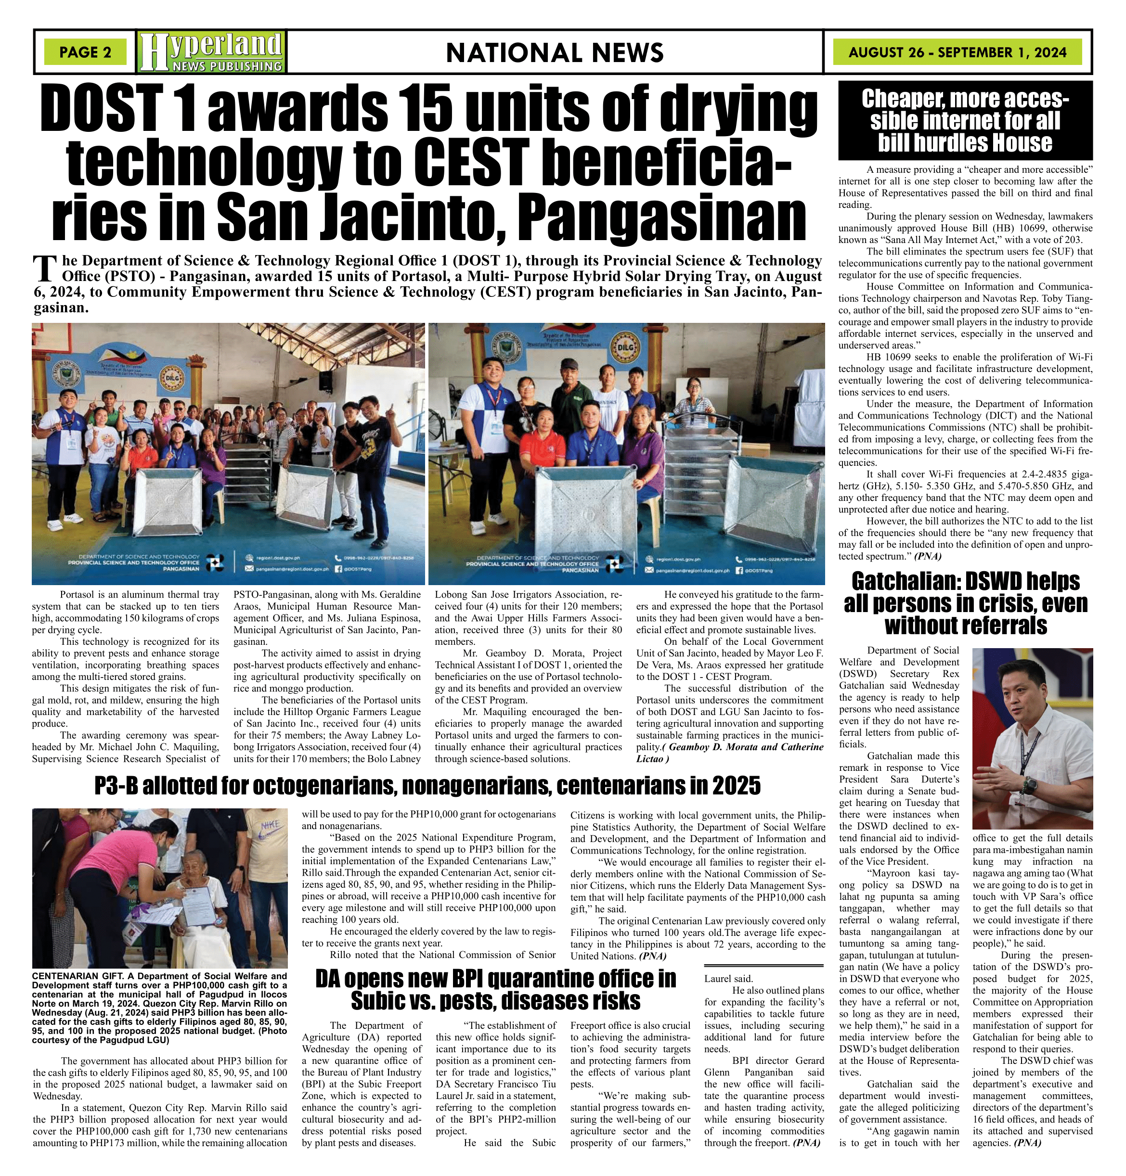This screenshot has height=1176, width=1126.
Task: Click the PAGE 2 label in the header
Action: pos(85,52)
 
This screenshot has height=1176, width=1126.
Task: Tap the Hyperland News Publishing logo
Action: pos(211,52)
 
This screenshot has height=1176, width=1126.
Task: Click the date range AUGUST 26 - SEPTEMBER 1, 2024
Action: pos(958,52)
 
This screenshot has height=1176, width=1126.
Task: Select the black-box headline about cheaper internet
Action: pos(965,121)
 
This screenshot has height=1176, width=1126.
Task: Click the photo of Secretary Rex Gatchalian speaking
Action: pos(1032,739)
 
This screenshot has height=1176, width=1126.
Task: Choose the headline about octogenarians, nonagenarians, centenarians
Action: pos(427,785)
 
